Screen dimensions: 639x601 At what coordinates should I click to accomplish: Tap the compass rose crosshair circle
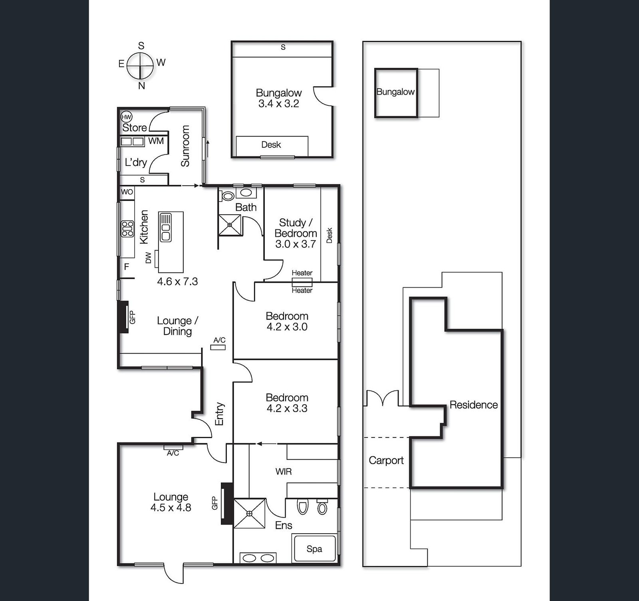click(141, 65)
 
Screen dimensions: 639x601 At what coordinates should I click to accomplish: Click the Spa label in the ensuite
click(314, 549)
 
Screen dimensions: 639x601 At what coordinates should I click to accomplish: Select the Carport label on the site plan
click(386, 461)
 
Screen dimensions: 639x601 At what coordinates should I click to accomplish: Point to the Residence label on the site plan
click(474, 405)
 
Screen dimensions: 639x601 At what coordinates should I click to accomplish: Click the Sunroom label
click(185, 146)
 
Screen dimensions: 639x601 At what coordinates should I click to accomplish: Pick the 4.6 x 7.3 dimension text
click(177, 281)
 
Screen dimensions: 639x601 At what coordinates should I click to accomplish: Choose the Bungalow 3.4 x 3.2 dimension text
click(278, 104)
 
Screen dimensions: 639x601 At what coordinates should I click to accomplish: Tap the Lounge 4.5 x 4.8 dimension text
click(171, 508)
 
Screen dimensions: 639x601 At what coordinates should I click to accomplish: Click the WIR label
click(284, 472)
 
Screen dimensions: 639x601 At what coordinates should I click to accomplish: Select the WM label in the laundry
click(156, 141)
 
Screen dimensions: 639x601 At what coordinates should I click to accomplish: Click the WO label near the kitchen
click(127, 192)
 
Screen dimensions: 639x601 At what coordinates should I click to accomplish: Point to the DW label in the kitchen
click(149, 257)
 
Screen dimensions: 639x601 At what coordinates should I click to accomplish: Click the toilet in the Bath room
click(228, 196)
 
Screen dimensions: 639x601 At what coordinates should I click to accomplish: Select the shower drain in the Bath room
click(230, 225)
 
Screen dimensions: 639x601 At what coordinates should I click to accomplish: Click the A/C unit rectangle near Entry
click(218, 347)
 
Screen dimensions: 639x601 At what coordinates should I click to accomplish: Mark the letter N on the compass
click(141, 85)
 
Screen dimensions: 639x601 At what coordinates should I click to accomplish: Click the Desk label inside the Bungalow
click(271, 144)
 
